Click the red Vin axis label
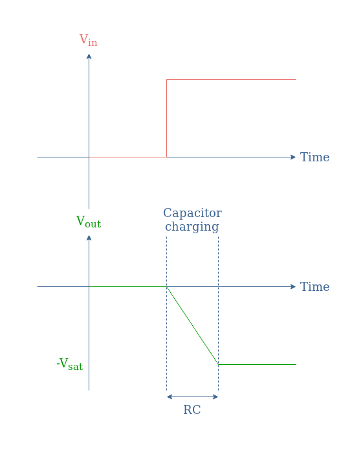point(88,40)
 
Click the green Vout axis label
point(89,222)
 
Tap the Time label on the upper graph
point(314,157)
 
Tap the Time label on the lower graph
point(314,286)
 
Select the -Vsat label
point(69,364)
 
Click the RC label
point(192,409)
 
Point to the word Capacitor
point(192,213)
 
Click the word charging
point(192,227)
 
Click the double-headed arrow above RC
point(193,397)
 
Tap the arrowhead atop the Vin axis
point(89,56)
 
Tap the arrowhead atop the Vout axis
point(89,238)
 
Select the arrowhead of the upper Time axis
point(293,157)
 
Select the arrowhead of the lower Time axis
point(293,286)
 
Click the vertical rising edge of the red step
point(167,119)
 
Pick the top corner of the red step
point(167,79)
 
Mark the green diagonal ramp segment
point(193,326)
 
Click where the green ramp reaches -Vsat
point(219,365)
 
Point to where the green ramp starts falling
point(167,286)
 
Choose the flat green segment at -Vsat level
point(257,365)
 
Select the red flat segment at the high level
point(231,79)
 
